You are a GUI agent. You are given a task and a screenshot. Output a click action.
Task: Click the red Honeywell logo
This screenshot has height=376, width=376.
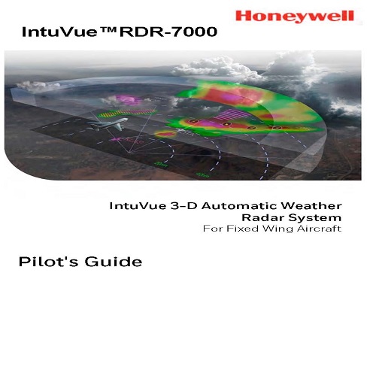[295, 17]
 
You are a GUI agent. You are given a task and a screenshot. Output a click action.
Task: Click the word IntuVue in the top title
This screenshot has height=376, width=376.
[59, 32]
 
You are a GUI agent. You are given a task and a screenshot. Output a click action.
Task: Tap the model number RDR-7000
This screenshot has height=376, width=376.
[168, 32]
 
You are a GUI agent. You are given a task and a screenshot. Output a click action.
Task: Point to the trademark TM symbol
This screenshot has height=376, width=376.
[108, 29]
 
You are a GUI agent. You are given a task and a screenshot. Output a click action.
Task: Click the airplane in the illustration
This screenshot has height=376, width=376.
[108, 124]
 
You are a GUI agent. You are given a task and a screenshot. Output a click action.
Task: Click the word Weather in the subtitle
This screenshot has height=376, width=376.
[311, 206]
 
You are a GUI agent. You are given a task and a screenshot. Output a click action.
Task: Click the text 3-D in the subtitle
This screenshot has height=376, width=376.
[184, 206]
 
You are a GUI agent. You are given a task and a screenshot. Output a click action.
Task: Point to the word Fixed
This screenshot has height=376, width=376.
[242, 229]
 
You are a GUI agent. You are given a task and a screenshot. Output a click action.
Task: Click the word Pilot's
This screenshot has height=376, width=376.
[48, 262]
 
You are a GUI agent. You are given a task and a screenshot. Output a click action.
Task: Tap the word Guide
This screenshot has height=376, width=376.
[114, 262]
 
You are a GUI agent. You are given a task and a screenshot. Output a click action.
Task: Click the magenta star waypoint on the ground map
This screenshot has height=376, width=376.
[116, 139]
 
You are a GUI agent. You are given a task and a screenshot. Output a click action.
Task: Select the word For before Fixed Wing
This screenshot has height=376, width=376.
[213, 229]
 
